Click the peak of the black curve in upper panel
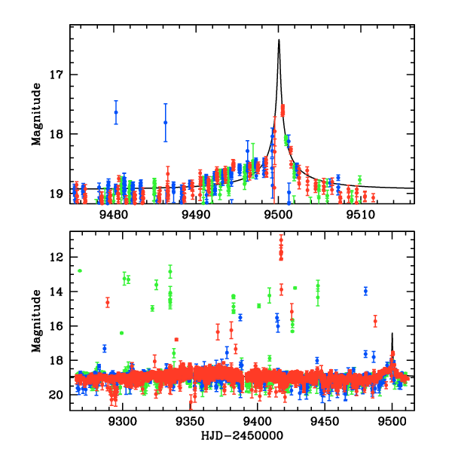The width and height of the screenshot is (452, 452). pos(279,40)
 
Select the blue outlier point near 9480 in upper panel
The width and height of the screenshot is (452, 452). pos(116,112)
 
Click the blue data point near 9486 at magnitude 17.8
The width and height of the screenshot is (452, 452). pos(165,122)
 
